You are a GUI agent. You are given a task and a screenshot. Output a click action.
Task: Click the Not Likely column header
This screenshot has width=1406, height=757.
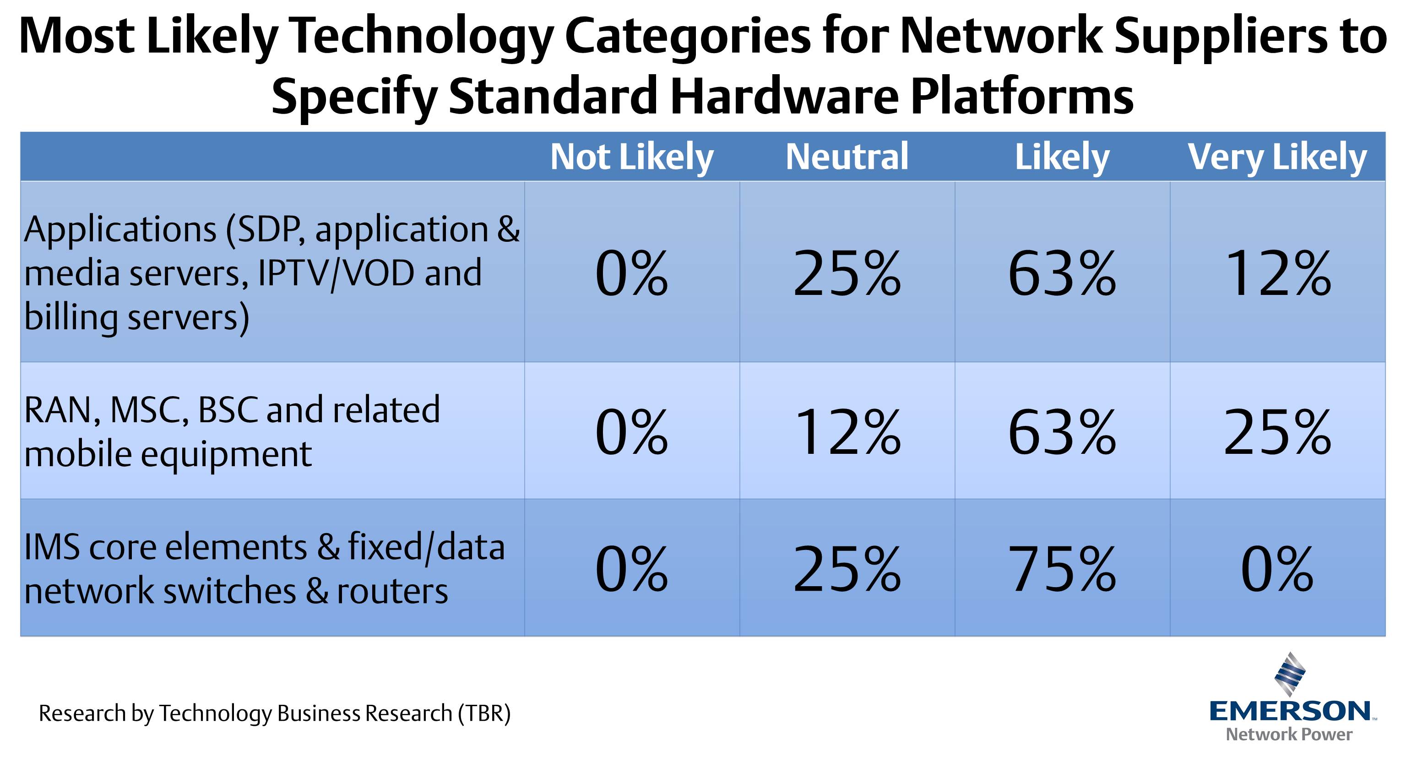click(x=631, y=157)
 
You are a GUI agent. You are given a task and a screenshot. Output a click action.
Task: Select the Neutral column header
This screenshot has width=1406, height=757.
click(x=847, y=157)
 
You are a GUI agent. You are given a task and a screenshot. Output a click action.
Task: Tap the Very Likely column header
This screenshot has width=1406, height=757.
click(x=1277, y=157)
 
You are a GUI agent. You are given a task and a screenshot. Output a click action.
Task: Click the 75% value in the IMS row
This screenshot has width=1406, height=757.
click(x=1062, y=569)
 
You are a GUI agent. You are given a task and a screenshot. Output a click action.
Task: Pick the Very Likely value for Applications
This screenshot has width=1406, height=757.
click(x=1277, y=273)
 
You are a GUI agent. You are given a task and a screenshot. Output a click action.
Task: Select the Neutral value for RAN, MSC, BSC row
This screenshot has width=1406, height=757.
click(x=847, y=432)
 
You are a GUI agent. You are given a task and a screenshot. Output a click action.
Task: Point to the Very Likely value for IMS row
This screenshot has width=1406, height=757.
click(x=1277, y=569)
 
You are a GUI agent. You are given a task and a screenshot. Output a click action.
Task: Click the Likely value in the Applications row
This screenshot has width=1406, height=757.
click(x=1062, y=273)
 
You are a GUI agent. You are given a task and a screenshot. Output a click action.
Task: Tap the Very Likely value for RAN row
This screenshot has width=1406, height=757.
click(x=1277, y=432)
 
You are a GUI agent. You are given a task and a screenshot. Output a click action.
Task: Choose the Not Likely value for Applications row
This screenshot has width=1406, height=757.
click(x=631, y=273)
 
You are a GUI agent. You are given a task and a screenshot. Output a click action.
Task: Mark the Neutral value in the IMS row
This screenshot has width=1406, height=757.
click(x=847, y=569)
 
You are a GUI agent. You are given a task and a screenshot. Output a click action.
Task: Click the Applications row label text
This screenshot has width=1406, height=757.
click(x=271, y=273)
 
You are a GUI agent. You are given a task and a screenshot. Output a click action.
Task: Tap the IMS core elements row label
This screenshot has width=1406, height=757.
click(x=264, y=569)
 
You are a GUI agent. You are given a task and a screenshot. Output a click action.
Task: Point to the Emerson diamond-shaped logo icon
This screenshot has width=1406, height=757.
click(x=1290, y=674)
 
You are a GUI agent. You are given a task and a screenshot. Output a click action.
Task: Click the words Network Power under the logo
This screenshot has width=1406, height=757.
click(x=1289, y=735)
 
